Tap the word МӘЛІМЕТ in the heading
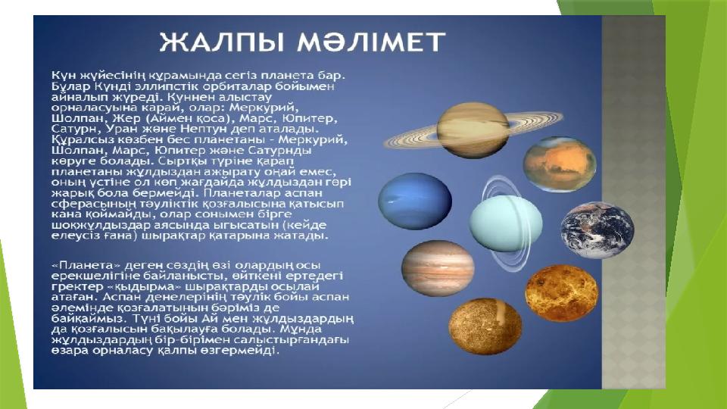click(x=371, y=42)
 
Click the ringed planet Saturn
click(x=473, y=130)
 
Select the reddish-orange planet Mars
click(x=560, y=164)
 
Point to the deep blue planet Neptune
click(x=415, y=201)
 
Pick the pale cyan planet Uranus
click(x=505, y=223)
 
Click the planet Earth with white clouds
click(x=598, y=229)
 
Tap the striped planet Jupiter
click(x=438, y=268)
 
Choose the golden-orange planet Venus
click(x=561, y=293)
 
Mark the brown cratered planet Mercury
click(x=485, y=326)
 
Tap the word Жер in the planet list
click(x=123, y=118)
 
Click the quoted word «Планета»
click(x=83, y=265)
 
